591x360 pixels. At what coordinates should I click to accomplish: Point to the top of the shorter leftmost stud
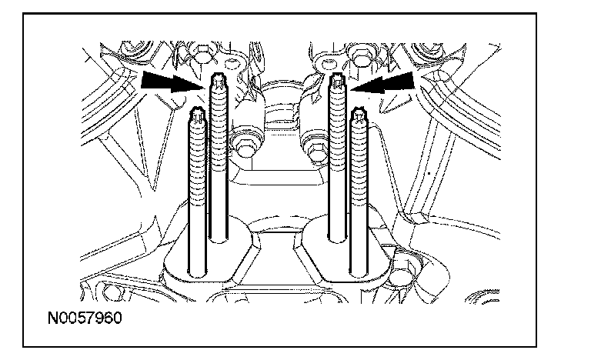[x=197, y=116]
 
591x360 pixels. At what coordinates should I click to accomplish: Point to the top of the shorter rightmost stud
[x=358, y=117]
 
